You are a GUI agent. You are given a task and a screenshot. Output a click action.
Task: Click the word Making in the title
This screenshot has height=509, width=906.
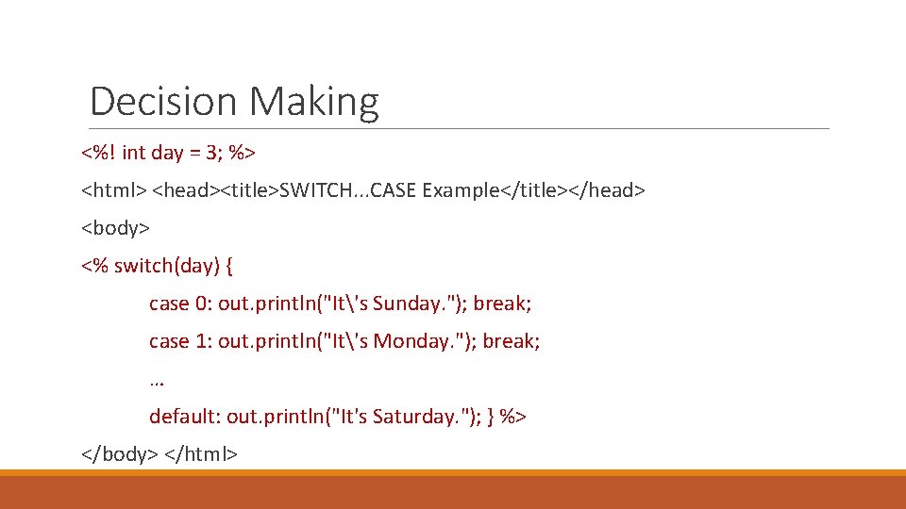click(x=314, y=101)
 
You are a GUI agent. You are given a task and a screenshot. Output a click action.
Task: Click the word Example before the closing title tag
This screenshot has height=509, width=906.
click(x=461, y=190)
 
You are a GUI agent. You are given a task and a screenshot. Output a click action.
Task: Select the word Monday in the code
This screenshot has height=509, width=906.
click(x=411, y=341)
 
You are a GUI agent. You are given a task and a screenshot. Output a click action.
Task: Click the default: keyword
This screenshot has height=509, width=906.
click(x=185, y=417)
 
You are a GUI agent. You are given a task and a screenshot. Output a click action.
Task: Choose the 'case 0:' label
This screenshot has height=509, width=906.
click(x=180, y=304)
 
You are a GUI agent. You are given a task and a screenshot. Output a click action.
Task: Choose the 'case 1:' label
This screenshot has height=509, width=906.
click(x=180, y=341)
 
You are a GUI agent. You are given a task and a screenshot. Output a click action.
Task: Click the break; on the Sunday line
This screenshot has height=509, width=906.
click(x=502, y=304)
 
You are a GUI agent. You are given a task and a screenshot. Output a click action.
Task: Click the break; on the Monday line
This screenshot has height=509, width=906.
click(x=511, y=341)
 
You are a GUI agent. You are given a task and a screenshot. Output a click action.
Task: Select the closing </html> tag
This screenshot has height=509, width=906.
click(x=201, y=454)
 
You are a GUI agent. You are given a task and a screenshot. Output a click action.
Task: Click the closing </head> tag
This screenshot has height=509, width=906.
click(x=607, y=190)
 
